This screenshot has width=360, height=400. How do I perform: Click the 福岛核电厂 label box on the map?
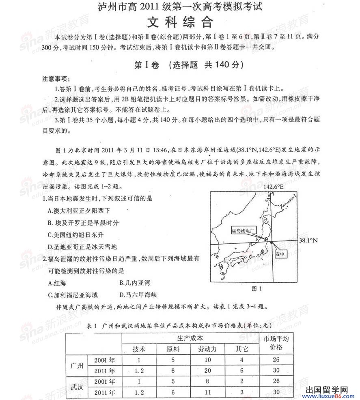tap(244, 230)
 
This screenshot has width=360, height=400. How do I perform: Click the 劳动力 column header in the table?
tap(207, 349)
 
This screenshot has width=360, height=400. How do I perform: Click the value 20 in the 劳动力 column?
tap(207, 371)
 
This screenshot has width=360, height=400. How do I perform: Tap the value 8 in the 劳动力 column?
tap(207, 381)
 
